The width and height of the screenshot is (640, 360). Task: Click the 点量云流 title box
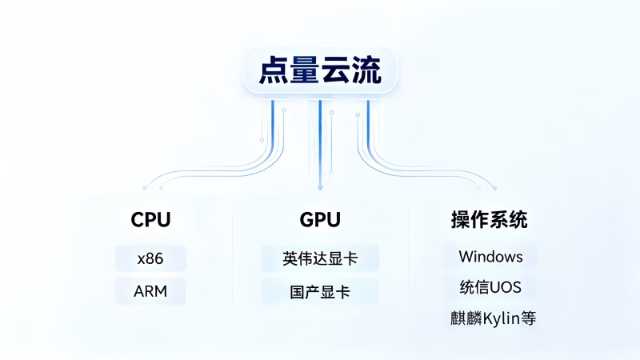pos(320,70)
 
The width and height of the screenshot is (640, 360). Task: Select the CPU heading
pos(150,219)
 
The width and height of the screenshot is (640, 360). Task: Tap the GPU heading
pos(320,219)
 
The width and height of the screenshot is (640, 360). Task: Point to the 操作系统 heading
pos(489,219)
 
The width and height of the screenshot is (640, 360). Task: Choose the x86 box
pos(150,258)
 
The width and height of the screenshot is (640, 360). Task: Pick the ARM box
pos(150,291)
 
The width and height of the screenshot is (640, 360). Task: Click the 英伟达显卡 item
pos(320,258)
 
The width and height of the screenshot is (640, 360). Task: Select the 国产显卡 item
pos(320,292)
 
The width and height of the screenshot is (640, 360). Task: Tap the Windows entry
pos(490,257)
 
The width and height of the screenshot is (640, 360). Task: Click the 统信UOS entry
pos(490,287)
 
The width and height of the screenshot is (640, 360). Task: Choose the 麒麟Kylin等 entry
pos(493,318)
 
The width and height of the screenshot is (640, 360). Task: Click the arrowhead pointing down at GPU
pos(320,188)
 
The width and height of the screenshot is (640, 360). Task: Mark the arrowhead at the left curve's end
pos(145,188)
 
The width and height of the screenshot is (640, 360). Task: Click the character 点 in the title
pos(274,70)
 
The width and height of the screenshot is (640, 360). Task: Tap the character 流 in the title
pos(366,70)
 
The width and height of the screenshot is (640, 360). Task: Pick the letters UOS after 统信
pos(506,287)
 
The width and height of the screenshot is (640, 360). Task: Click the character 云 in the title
pos(335,70)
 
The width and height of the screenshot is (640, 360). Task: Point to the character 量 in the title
pos(305,70)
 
